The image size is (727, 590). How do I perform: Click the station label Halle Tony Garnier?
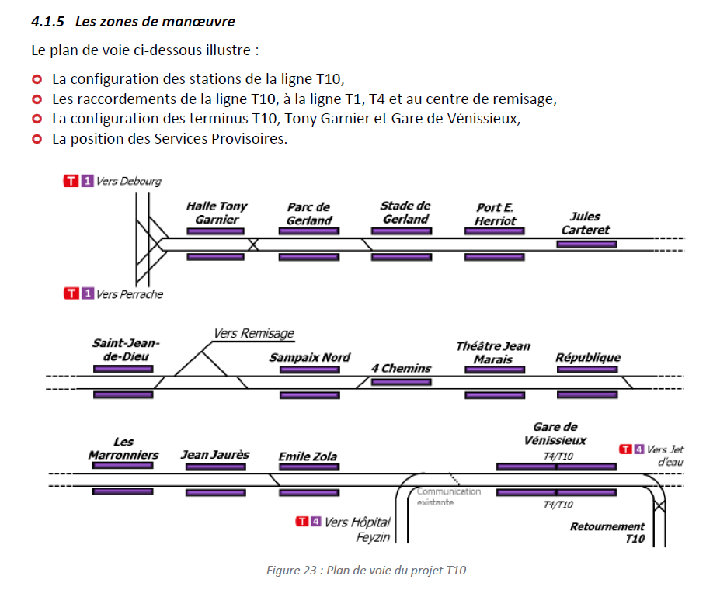point(216,213)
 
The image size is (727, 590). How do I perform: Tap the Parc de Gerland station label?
point(308,213)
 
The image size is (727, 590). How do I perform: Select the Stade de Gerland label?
point(405,212)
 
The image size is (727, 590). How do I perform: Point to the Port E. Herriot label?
point(496,213)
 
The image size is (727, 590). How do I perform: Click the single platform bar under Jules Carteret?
point(586,245)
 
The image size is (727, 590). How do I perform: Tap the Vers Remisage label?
point(254,334)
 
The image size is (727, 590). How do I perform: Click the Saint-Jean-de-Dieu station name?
point(125,349)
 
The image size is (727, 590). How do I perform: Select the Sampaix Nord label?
point(309,357)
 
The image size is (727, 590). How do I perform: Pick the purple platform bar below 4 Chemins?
point(401,382)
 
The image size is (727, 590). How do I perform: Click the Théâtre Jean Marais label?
point(493,352)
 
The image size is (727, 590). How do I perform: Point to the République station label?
point(588,357)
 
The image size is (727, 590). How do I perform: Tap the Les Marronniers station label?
point(123,448)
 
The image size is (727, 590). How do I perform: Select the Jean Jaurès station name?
point(215,454)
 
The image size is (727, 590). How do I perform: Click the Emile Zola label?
point(308,456)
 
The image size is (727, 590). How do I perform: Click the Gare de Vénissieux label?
point(555,433)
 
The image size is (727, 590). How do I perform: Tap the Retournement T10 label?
point(607,532)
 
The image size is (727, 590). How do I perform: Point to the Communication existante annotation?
point(448,497)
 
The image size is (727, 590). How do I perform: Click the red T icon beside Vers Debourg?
point(71,181)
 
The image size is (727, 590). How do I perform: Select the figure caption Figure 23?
point(366,571)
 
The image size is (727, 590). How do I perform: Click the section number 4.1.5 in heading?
point(49,21)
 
